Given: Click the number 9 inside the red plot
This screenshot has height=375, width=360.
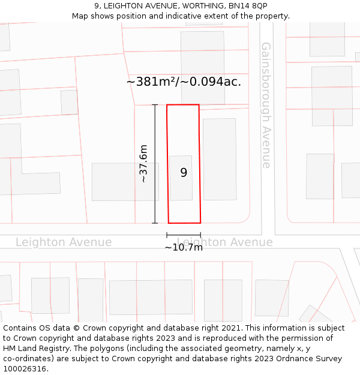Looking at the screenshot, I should (x=184, y=173).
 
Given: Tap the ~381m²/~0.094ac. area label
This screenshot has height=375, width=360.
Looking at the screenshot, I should (x=184, y=82).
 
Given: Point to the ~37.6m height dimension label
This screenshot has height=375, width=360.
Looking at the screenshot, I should (x=143, y=163).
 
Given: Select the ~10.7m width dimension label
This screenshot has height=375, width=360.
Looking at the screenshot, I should (x=184, y=247).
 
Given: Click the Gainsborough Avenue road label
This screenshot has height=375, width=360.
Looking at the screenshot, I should (x=266, y=105).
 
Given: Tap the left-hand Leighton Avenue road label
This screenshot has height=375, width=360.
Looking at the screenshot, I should (x=64, y=242).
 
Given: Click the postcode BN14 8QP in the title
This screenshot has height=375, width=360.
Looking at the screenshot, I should (x=251, y=6).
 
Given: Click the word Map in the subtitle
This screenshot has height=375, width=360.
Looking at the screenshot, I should (x=80, y=16).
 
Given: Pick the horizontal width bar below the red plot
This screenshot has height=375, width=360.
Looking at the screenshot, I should (x=184, y=235).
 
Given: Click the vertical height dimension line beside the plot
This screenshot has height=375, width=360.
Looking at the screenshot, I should (x=155, y=164).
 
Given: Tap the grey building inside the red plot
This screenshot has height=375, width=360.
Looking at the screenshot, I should (x=181, y=178).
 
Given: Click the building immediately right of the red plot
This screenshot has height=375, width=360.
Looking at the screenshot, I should (x=220, y=159).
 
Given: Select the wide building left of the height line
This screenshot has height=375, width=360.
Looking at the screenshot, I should (x=125, y=182).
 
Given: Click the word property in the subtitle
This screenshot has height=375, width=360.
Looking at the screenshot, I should (x=272, y=16).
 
